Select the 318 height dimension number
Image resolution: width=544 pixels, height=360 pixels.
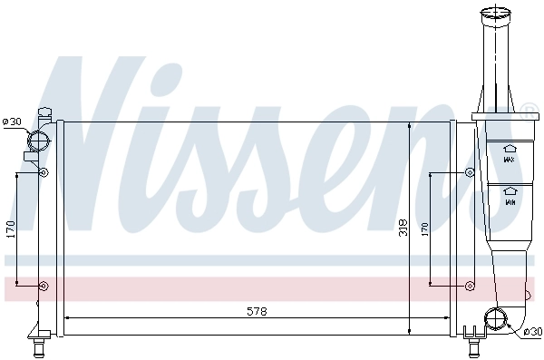coord(403,228)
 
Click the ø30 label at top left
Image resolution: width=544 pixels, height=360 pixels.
coord(12,122)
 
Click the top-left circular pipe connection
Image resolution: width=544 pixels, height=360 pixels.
coord(39,141)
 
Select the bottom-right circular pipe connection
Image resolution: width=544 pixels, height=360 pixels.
coord(496,318)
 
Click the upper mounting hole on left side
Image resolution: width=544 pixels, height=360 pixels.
coord(43,172)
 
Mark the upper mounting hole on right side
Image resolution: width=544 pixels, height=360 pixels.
coord(469,172)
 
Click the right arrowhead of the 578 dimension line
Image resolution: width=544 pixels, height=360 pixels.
coord(446,317)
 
